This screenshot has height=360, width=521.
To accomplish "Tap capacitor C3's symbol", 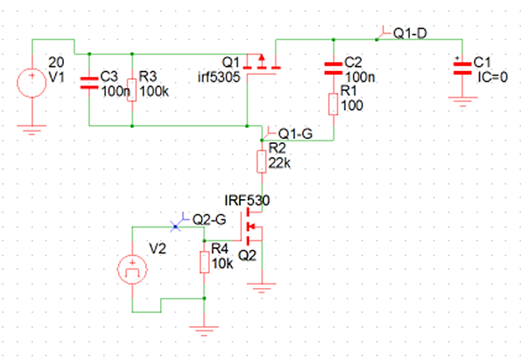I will (89, 84).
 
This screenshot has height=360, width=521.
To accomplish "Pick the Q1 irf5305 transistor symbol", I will (261, 64).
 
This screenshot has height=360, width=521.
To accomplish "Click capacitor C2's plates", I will (333, 68).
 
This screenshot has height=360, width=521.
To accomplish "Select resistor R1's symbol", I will (333, 103).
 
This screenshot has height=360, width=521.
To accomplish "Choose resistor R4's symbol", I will (204, 261).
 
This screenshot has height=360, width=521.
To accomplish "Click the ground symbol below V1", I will (32, 130).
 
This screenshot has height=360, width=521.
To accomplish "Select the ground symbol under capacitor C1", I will (461, 101).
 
